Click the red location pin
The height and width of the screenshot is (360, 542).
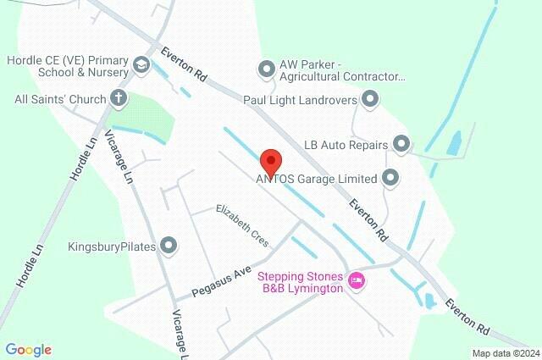coord(270,160)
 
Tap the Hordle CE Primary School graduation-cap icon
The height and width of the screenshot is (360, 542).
coord(141,64)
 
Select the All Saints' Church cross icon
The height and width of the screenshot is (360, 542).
coord(119,99)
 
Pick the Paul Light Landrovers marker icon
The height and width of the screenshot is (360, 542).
coord(369,100)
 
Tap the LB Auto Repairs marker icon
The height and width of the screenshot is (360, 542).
coord(401,144)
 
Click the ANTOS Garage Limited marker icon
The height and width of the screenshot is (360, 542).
coord(390,178)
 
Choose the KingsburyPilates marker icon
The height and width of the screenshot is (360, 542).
coord(169,246)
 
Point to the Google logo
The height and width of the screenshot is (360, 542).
coord(28,349)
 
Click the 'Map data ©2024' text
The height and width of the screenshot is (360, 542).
coord(505,353)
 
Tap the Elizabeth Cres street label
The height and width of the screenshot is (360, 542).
coord(241,225)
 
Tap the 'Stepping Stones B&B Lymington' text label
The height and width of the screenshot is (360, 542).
coord(301,282)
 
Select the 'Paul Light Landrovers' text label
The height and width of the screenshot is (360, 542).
coord(301,100)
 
